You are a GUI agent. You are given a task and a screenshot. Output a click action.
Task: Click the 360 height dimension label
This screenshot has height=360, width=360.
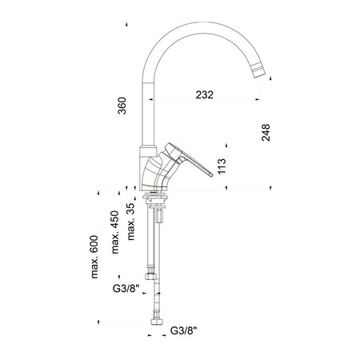coord(122,106)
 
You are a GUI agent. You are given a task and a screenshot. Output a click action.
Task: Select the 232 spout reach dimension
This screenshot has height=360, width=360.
coord(205,94)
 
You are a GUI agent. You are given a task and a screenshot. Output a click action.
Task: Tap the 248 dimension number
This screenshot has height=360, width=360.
coord(266,133)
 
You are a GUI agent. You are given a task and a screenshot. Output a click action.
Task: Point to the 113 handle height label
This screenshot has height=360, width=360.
coord(222,166)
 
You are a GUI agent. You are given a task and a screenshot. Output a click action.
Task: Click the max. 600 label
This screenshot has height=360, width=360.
coord(94,257)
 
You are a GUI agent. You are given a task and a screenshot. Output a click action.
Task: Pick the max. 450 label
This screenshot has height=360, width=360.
coord(115,232)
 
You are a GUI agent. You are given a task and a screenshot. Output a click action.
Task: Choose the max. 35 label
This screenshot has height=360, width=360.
coord(130,222)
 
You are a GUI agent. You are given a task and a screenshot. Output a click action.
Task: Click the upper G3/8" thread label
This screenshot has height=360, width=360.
coord(126,288)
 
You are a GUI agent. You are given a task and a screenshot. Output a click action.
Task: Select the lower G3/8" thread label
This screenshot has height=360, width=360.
coord(183,330)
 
